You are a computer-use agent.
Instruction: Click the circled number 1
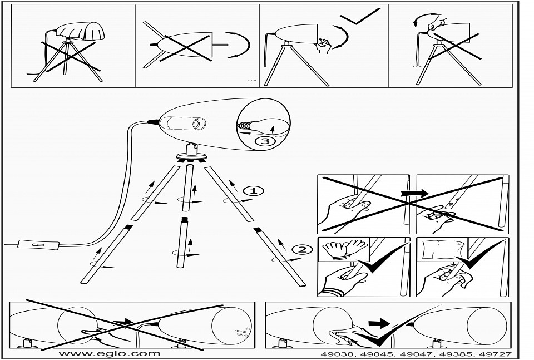[254, 191]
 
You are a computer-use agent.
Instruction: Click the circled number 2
[302, 249]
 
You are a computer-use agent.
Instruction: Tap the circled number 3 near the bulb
[265, 141]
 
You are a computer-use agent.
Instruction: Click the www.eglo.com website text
[109, 353]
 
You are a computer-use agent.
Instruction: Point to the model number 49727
[496, 354]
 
